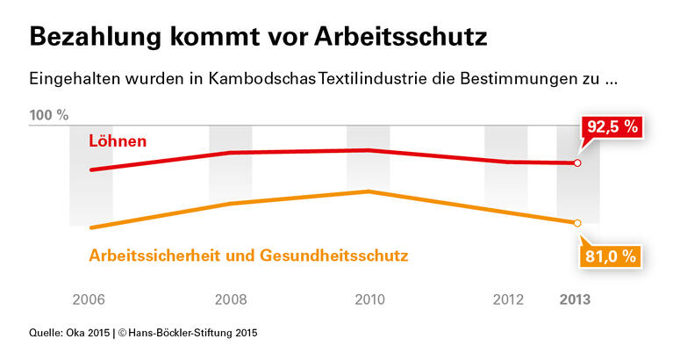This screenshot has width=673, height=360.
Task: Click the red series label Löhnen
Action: point(118,140)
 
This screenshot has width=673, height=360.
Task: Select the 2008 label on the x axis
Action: point(231,299)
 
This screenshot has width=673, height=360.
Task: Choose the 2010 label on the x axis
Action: point(369,299)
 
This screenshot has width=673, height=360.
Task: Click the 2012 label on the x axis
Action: point(509,299)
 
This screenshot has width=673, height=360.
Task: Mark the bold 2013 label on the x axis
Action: point(576,299)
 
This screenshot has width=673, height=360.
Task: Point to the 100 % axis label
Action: point(49,115)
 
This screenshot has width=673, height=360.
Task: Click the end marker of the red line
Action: point(576,163)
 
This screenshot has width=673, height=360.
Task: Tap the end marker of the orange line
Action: point(576,223)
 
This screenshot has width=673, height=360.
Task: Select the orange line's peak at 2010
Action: point(369,191)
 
